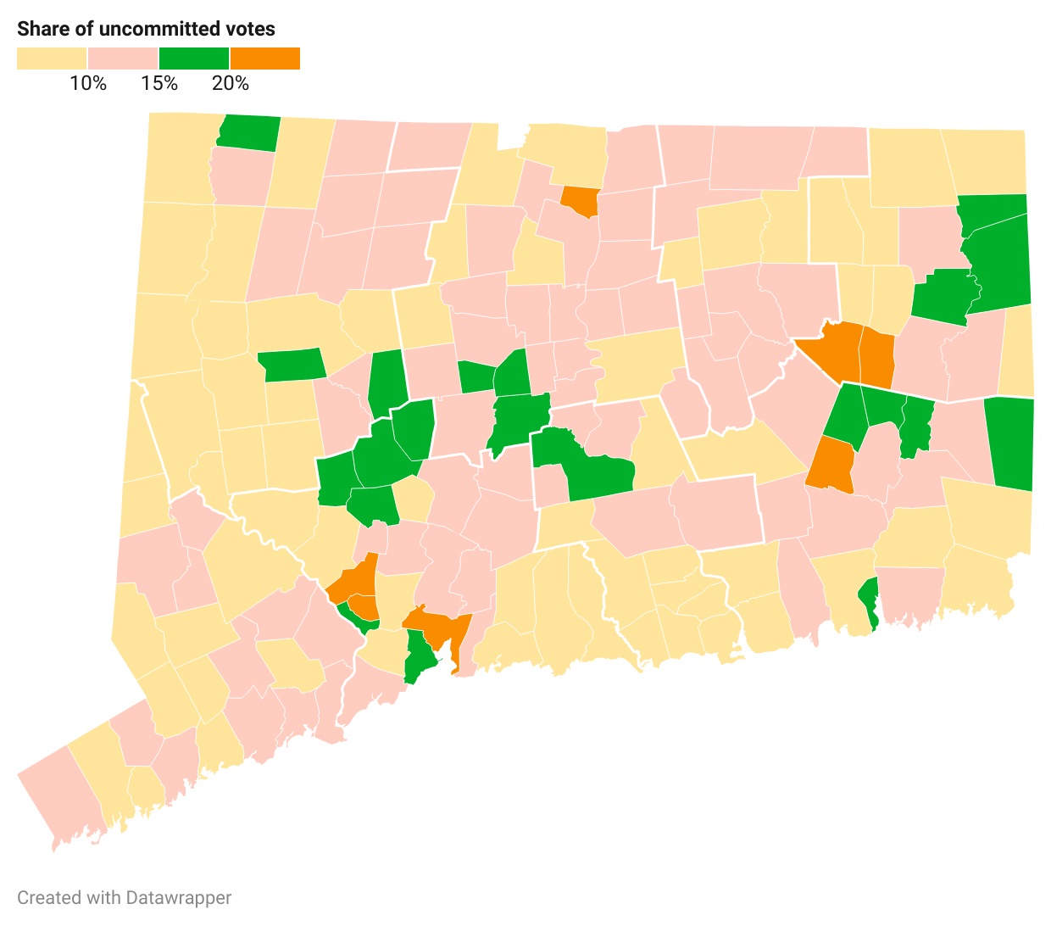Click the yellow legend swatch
click(x=51, y=59)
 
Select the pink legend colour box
click(x=123, y=59)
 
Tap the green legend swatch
click(x=194, y=59)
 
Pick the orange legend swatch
click(x=265, y=59)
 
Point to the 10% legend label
click(x=88, y=83)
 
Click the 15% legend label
click(x=159, y=83)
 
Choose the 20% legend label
click(x=231, y=83)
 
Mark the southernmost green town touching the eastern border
click(x=1011, y=443)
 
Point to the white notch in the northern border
click(x=510, y=137)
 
